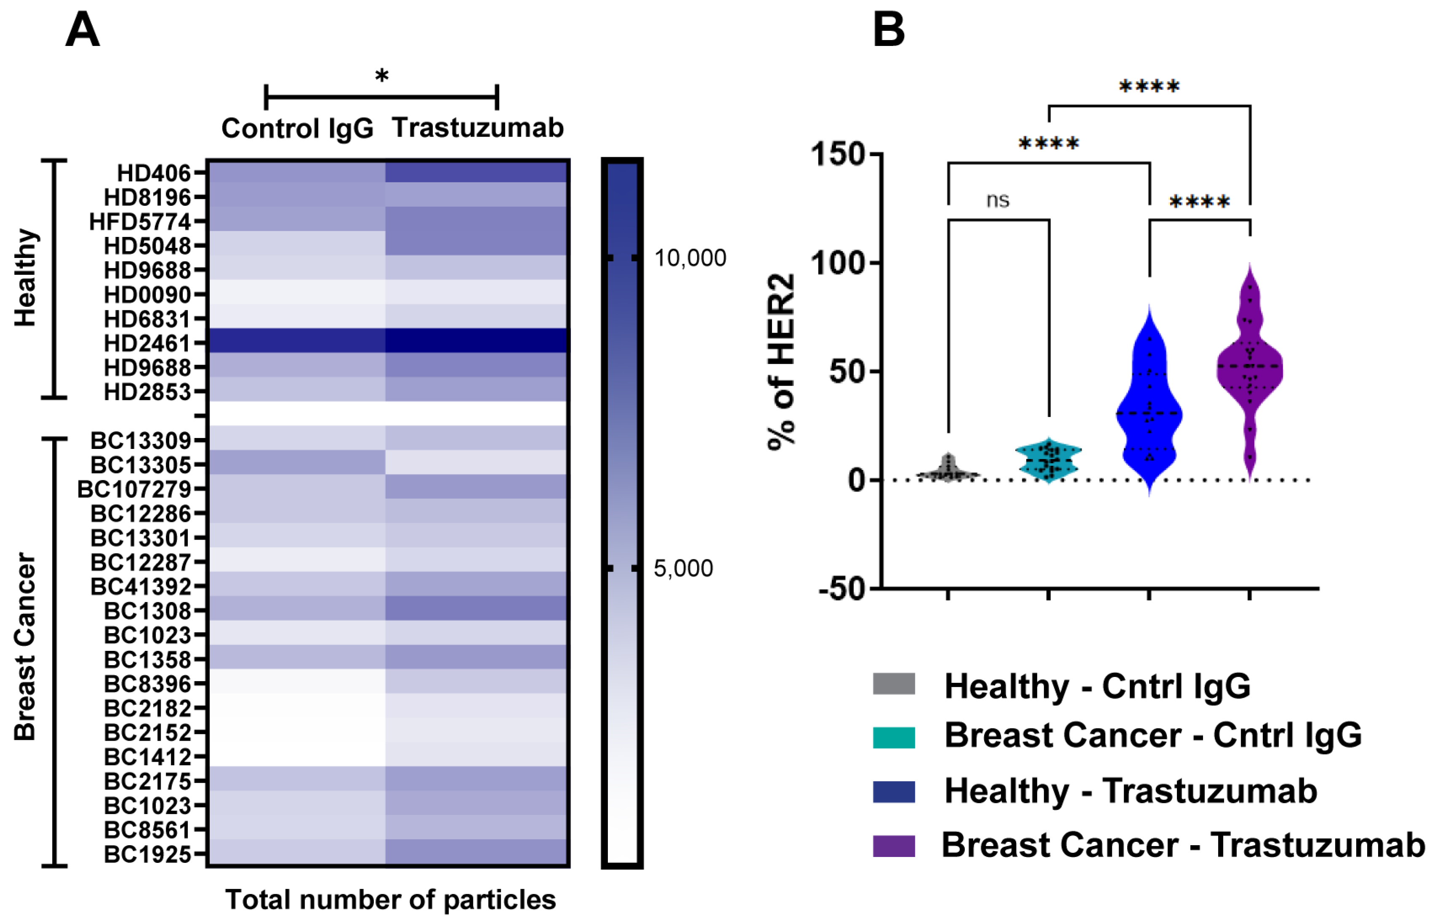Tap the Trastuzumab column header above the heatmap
pos(478,128)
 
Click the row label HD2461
pos(147,343)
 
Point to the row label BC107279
pos(134,489)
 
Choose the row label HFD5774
pos(140,222)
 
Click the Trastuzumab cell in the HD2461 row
pos(477,341)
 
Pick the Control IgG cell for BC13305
pos(297,462)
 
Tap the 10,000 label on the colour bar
pos(690,258)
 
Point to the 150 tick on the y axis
pos(838,154)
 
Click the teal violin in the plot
pos(1048,460)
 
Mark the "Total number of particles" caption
pos(390,900)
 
